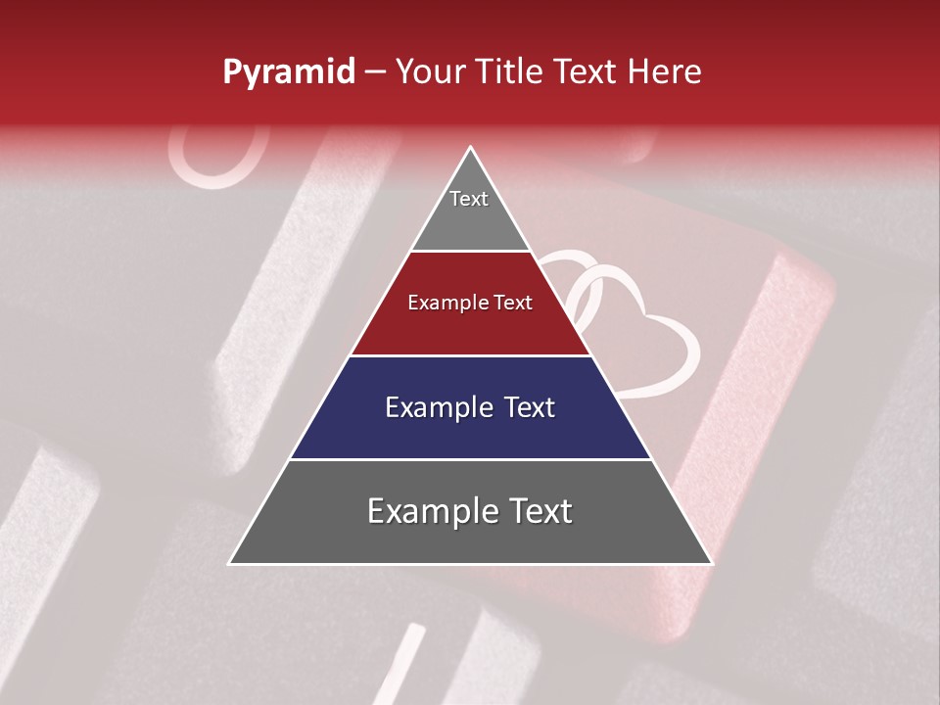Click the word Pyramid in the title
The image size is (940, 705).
[x=289, y=72]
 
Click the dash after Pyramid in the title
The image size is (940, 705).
[x=375, y=72]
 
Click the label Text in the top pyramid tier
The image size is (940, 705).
[x=469, y=199]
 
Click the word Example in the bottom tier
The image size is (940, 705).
[x=432, y=511]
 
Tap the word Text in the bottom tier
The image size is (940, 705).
[x=540, y=511]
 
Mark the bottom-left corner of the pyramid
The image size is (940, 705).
[x=230, y=563]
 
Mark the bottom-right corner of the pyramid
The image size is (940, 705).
[x=711, y=563]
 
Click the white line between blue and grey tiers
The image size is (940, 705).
[x=470, y=459]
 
